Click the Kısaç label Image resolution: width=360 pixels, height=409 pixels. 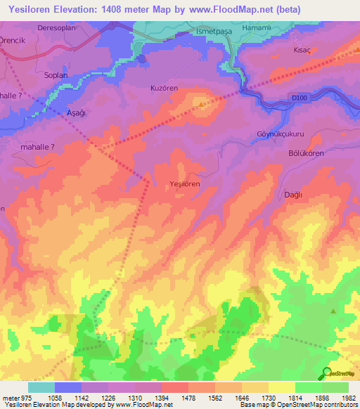[x=302, y=51]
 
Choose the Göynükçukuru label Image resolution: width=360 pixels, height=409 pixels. [x=279, y=133]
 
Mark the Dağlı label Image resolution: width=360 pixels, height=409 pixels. [x=292, y=195]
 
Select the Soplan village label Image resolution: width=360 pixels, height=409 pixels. [x=56, y=74]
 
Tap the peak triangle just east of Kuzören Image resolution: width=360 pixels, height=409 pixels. [x=202, y=105]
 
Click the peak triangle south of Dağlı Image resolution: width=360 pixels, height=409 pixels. [x=333, y=310]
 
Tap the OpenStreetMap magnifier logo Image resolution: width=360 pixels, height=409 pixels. [x=326, y=372]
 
